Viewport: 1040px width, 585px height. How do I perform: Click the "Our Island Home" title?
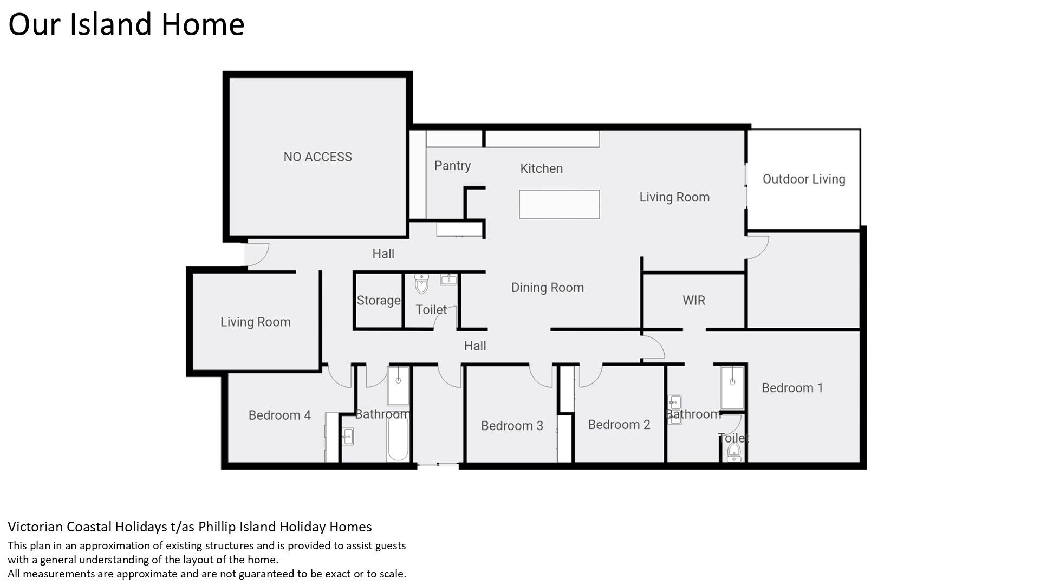(126, 24)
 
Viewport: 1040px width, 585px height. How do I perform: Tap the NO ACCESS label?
(318, 157)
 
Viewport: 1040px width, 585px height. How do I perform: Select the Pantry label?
(452, 166)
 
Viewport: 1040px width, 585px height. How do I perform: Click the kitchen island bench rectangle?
(560, 204)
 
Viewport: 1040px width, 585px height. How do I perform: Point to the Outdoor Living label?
(804, 179)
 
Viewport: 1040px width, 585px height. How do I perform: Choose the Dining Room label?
(548, 288)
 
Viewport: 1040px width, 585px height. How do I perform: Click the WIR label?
(694, 300)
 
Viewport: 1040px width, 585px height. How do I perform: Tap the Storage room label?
(379, 301)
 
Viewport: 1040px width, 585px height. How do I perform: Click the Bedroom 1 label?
(792, 388)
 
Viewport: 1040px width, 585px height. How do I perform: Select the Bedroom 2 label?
(619, 425)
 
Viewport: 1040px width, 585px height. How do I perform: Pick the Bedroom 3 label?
(512, 426)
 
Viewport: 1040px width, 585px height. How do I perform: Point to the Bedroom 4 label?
(279, 415)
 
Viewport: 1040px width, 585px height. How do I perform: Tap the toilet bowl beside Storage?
(421, 283)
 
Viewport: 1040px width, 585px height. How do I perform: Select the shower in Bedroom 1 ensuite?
(732, 387)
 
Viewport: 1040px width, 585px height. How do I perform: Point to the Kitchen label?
(542, 168)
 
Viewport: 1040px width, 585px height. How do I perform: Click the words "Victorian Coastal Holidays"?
(87, 526)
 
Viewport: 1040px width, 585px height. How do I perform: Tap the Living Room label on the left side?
(256, 322)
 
